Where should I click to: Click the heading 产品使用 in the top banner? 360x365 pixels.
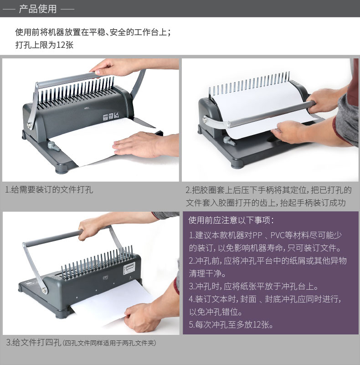point(38,9)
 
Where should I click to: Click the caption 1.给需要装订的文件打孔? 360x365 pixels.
point(49,189)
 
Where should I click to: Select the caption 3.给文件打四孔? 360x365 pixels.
point(33,343)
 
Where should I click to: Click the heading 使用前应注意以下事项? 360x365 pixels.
point(231,220)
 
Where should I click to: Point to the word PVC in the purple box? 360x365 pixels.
point(278,235)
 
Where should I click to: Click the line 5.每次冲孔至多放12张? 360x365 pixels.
point(231,324)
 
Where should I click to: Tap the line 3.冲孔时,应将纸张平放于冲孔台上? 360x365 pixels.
point(253,286)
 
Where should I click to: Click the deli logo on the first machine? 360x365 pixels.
point(87,108)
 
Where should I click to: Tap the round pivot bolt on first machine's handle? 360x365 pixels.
point(30,125)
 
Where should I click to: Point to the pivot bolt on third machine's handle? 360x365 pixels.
point(44,290)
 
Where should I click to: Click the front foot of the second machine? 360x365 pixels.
point(237,163)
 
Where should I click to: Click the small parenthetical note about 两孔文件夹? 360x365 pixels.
point(109,343)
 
